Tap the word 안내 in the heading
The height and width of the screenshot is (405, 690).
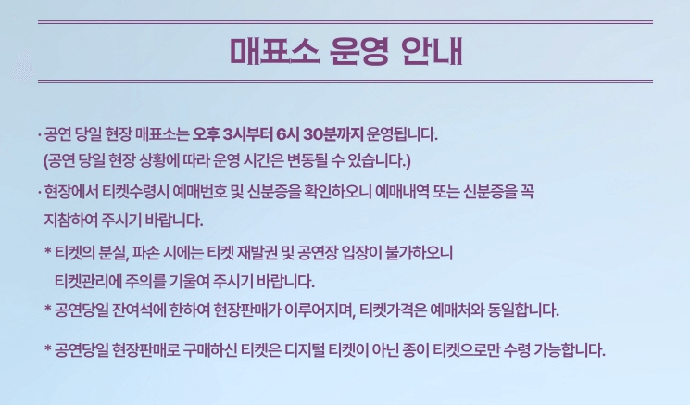pyautogui.click(x=432, y=49)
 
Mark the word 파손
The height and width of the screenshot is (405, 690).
pyautogui.click(x=157, y=252)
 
